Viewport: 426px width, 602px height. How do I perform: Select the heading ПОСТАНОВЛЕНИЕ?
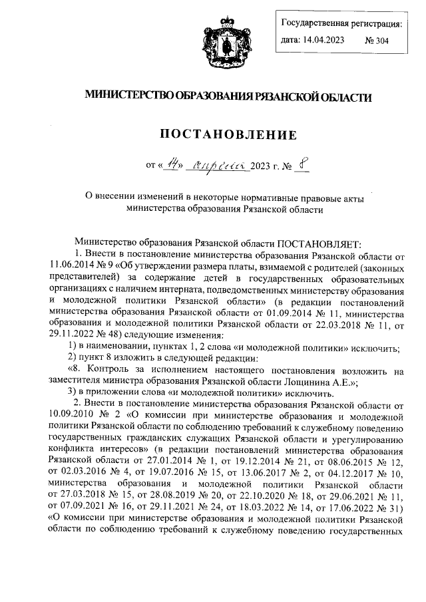226,136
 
